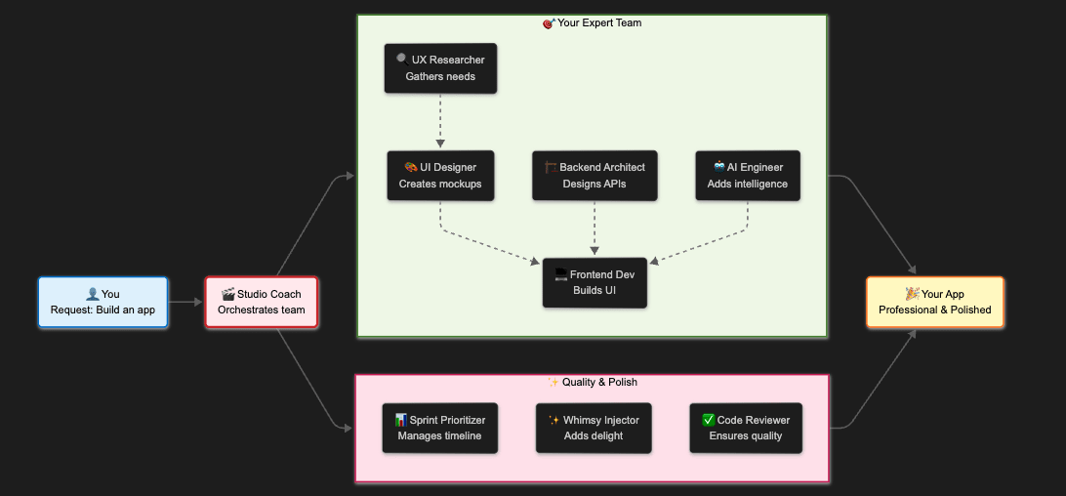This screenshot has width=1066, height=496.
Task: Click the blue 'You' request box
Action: pos(102,302)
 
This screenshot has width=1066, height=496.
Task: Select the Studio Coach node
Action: pos(261,302)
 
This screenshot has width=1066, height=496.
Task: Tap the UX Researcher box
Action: pos(440,68)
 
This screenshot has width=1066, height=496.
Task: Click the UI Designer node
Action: pos(439,176)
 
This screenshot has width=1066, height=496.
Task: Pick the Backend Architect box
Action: pos(594,176)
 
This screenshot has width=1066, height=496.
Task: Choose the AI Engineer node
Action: pos(747,176)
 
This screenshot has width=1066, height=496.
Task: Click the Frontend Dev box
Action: pos(594,282)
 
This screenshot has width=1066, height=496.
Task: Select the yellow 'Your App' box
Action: pos(934,302)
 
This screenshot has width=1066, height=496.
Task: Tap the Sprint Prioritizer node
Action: pos(439,428)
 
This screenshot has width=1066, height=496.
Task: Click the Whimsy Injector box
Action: pos(594,428)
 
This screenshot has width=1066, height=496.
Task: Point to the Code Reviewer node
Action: pos(746,428)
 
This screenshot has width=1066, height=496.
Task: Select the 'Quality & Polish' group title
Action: pos(593,382)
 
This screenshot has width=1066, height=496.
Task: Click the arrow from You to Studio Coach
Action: pos(185,302)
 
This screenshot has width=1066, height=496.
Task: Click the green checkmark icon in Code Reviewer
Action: pos(709,420)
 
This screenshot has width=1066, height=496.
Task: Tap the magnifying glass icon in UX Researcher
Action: pos(402,60)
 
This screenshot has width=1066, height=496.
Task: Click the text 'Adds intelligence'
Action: pos(747,184)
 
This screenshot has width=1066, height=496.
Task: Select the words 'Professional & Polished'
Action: pos(934,310)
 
